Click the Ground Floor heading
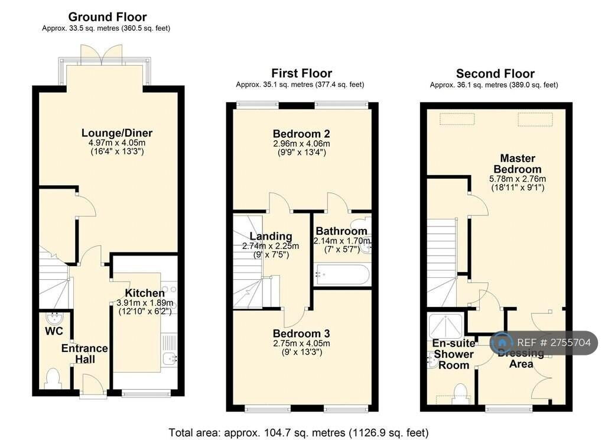pos(108,17)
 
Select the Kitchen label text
pos(145,293)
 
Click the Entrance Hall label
pos(84,354)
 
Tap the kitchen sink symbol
pos(170,358)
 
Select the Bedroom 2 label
pos(301,133)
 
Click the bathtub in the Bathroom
pos(342,274)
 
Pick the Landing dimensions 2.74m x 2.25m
pos(271,246)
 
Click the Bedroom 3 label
pos(301,334)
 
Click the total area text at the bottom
pos(298,432)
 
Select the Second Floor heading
pos(495,74)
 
